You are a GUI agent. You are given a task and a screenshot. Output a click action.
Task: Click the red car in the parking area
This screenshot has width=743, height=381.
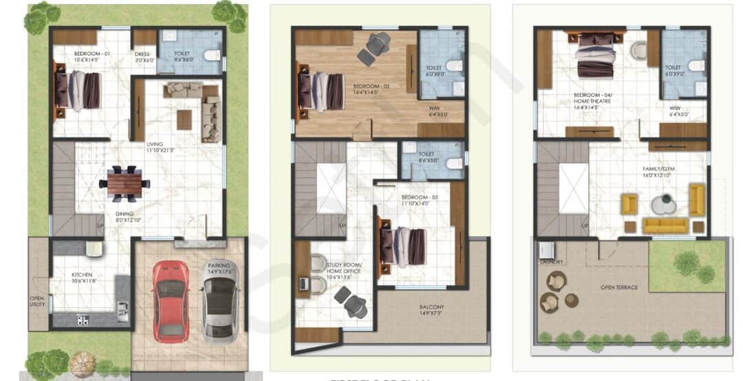point(171,301)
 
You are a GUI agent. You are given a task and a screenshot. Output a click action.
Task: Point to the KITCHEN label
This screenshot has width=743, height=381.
point(82,275)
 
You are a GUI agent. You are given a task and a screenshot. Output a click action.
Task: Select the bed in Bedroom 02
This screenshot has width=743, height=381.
point(321,91)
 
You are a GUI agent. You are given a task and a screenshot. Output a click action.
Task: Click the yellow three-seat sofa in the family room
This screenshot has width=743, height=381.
point(665,226)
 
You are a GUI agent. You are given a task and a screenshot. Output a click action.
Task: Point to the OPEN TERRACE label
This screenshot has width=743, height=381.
point(618,287)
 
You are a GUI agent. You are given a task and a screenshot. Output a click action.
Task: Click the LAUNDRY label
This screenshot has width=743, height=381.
point(552,262)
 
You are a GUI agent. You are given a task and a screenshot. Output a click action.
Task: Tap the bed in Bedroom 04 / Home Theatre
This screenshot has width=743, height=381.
point(596,56)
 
